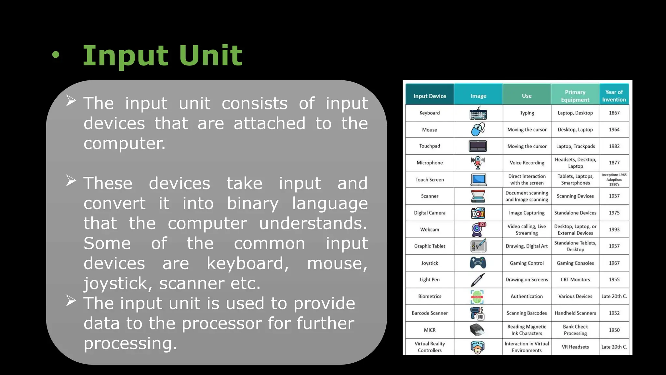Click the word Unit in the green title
coord(210,55)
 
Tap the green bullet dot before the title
coord(56,55)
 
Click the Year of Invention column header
coord(614,96)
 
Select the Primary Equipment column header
coord(575,96)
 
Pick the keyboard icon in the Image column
coord(478,113)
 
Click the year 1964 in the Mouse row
coord(614,130)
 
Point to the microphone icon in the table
coord(478,162)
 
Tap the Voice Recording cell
coord(527,163)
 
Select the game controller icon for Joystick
coord(478,263)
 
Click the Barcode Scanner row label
coord(430,313)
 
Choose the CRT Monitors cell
coord(575,280)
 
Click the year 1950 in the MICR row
coord(614,330)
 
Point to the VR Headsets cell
coord(575,347)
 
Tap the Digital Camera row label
coord(430,213)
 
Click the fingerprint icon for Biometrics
coord(477,297)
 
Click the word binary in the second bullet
coord(253,204)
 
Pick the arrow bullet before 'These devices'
coord(71,181)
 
